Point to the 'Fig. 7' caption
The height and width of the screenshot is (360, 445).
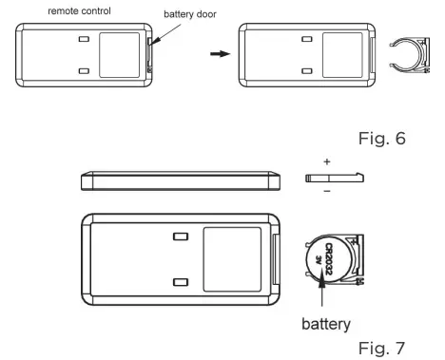(x=407, y=344)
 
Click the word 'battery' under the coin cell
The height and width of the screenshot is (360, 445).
(x=327, y=323)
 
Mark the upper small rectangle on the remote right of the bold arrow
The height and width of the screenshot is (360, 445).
(x=306, y=41)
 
